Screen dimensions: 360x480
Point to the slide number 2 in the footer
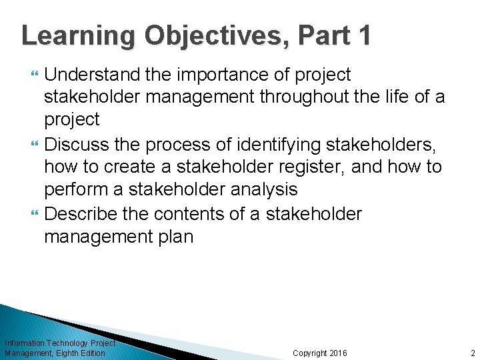pos(473,353)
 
